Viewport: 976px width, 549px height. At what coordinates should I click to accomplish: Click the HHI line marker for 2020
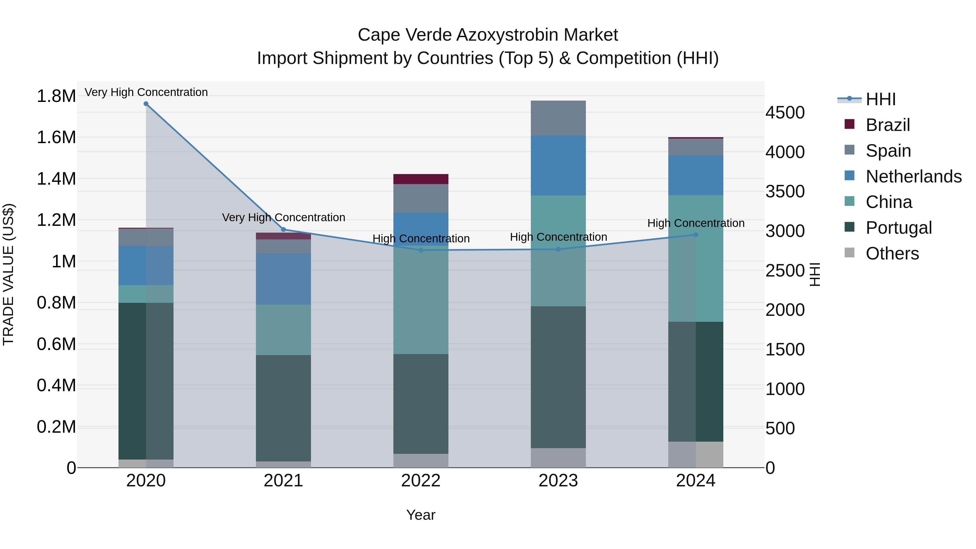click(146, 104)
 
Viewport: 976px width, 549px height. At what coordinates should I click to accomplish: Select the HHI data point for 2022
click(420, 250)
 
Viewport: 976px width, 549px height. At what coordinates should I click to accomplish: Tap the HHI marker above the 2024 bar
click(696, 235)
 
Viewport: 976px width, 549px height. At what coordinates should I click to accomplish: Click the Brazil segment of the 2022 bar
click(420, 179)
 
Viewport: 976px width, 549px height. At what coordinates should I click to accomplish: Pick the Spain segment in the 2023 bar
click(558, 118)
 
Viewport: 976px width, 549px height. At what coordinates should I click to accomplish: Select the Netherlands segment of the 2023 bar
click(558, 166)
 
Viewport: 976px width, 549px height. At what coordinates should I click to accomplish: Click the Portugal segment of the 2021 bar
click(283, 408)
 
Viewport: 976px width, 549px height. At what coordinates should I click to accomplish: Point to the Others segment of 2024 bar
click(696, 454)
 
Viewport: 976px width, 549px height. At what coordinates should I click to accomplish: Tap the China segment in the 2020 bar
click(146, 294)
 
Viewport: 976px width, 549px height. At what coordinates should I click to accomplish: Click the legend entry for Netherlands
click(913, 176)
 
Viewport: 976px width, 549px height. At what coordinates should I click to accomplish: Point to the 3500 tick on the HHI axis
click(785, 192)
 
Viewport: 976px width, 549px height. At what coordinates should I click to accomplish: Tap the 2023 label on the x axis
click(558, 481)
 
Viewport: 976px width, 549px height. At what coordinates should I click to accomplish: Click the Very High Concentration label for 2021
click(283, 217)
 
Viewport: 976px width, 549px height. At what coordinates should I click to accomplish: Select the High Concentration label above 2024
click(696, 223)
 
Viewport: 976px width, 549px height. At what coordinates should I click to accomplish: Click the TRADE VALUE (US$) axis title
click(8, 274)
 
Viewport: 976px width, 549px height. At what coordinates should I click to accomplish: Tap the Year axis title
click(420, 515)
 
